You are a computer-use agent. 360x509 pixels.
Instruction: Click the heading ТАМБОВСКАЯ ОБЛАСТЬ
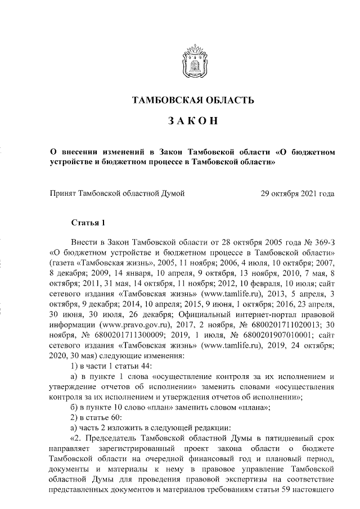[192, 101]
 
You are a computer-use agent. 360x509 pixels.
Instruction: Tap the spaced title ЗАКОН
[192, 121]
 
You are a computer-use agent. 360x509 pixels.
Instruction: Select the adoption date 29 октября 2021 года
[298, 194]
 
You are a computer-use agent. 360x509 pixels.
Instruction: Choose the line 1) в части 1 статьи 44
[107, 366]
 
